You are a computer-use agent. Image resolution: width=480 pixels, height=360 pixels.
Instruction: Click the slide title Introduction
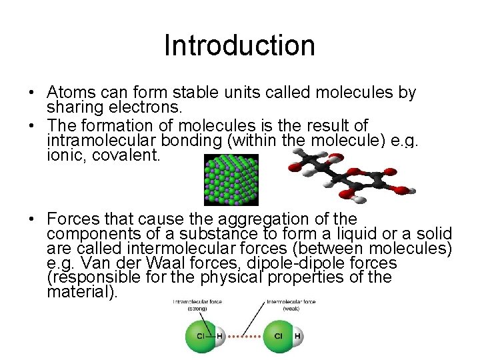pyautogui.click(x=239, y=45)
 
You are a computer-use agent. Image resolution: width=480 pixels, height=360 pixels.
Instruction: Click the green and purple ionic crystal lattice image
pyautogui.click(x=231, y=179)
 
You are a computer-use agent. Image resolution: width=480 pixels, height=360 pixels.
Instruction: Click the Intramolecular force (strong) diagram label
pyautogui.click(x=197, y=305)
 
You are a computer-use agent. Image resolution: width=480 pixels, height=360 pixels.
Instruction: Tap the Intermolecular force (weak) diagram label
pyautogui.click(x=291, y=305)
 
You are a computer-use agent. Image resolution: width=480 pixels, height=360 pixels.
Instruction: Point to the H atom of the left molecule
pyautogui.click(x=220, y=335)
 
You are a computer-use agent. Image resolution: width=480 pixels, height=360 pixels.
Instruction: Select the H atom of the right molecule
pyautogui.click(x=297, y=335)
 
